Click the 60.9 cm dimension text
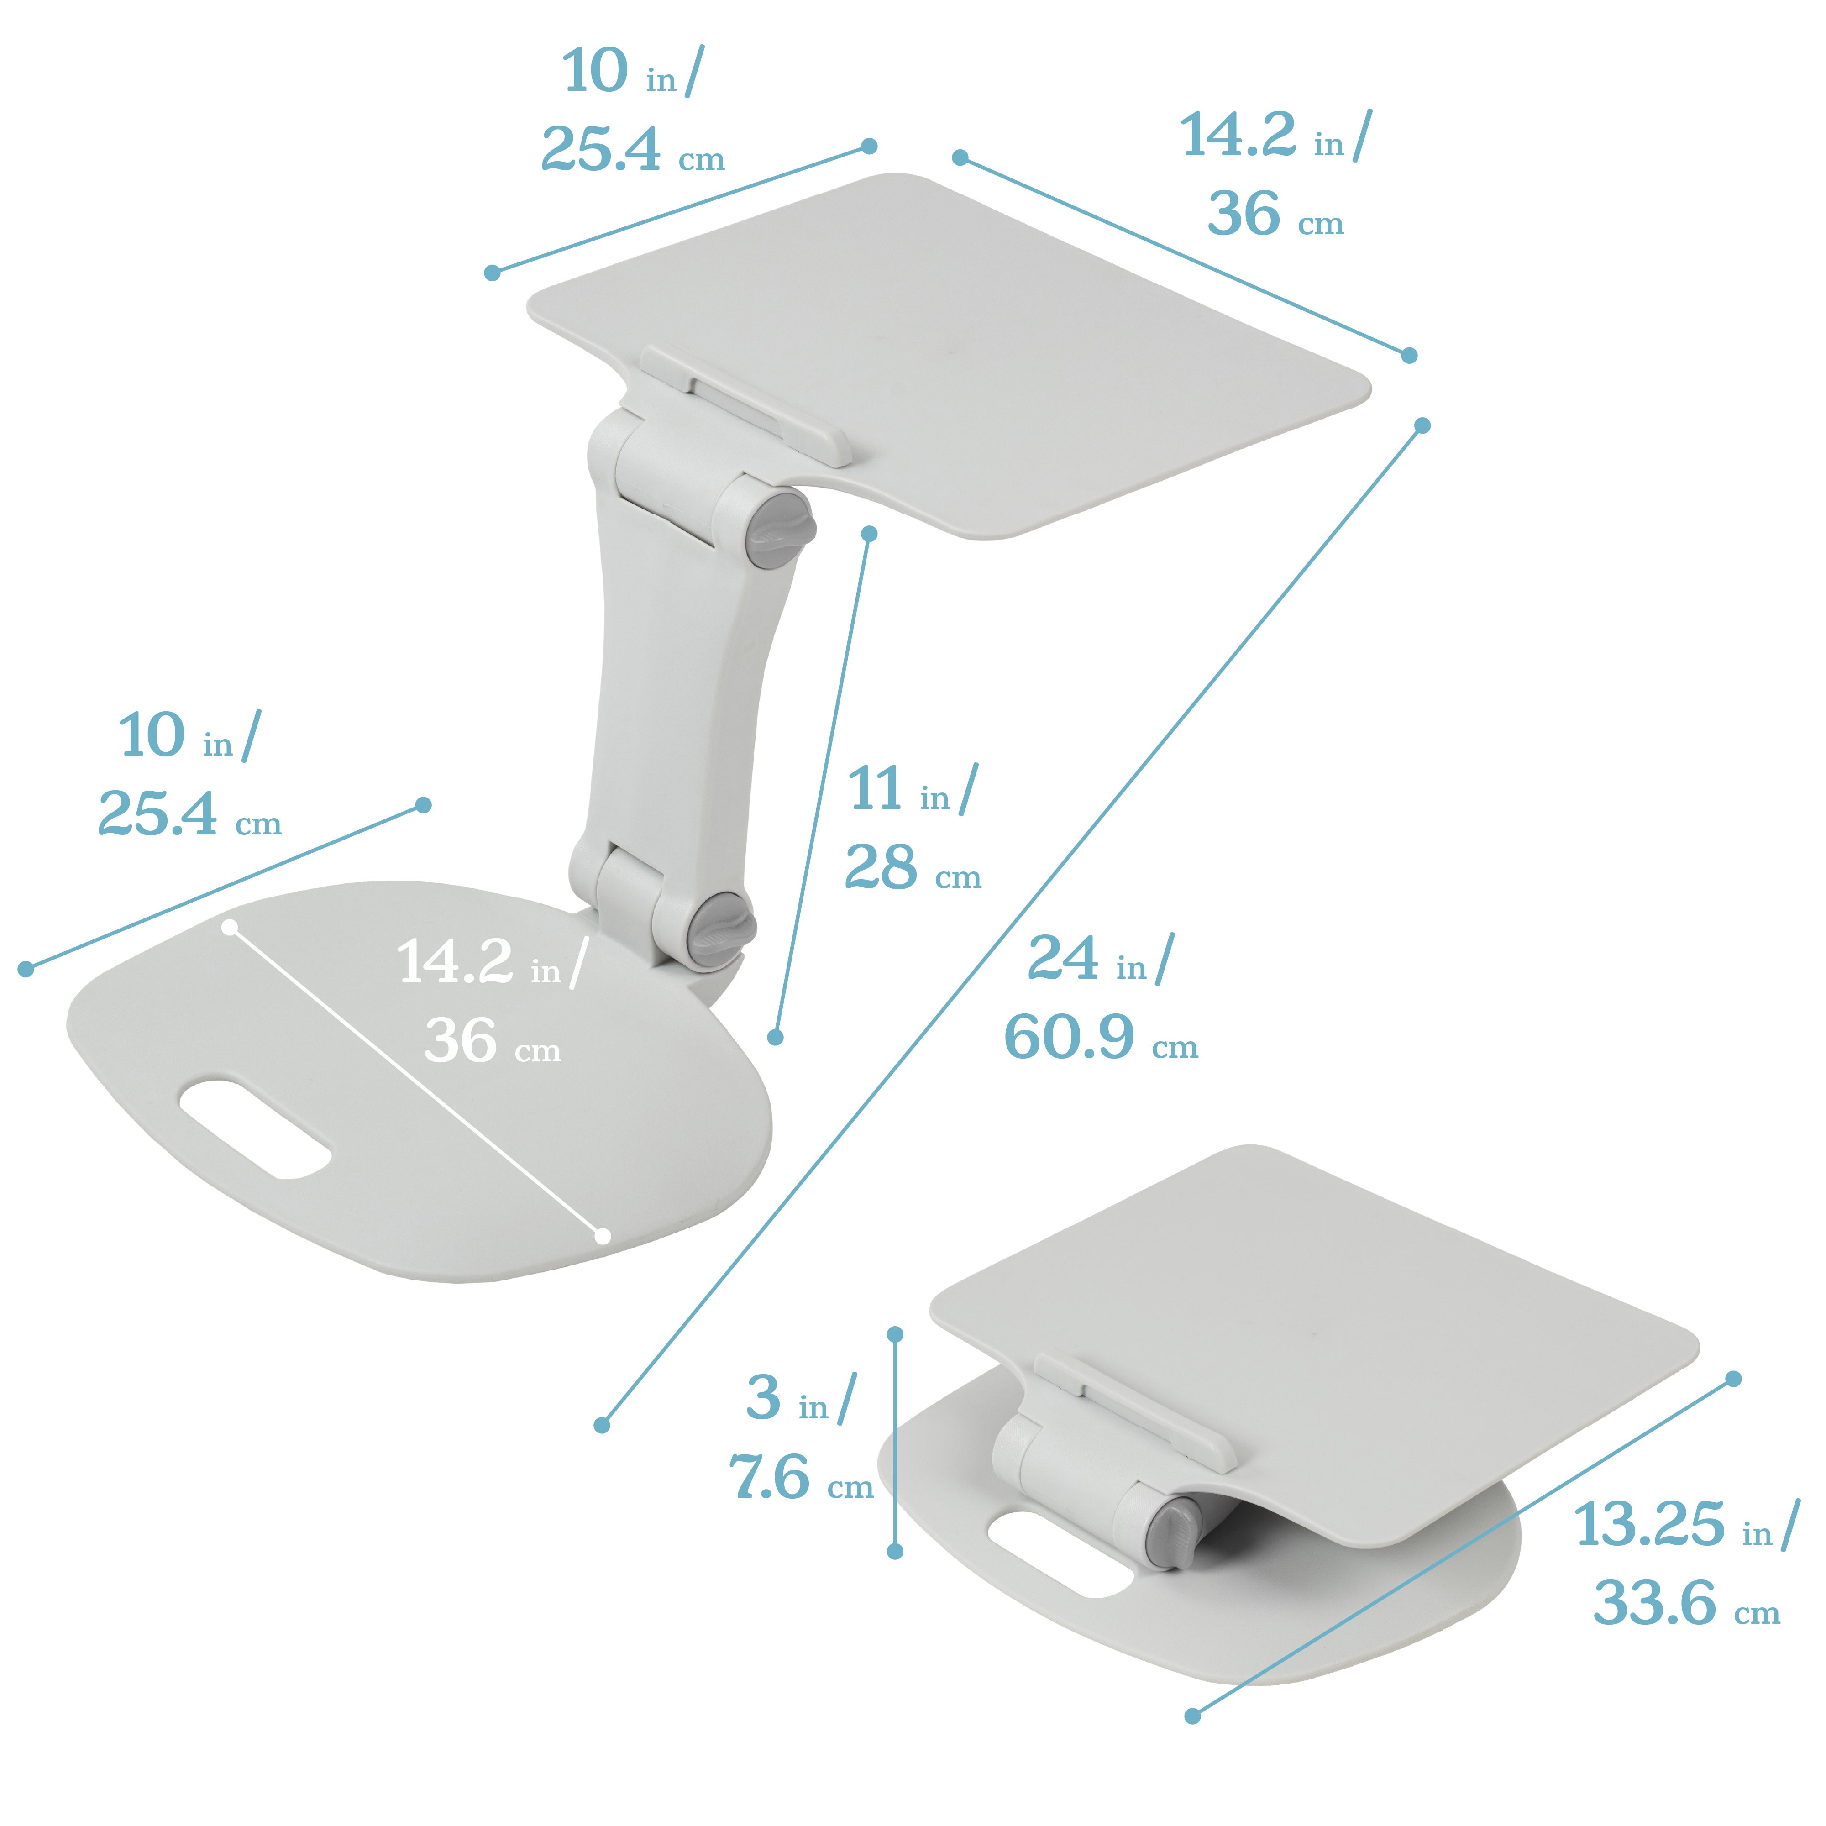1099,1038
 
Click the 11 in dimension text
910,790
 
